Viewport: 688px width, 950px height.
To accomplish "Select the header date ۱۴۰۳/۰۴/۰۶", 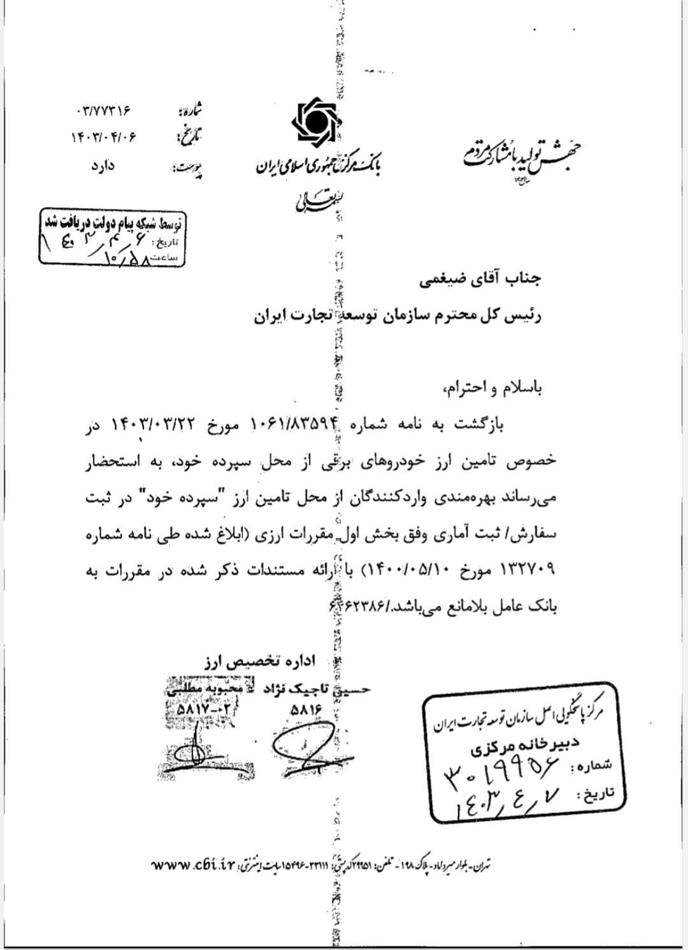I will [104, 136].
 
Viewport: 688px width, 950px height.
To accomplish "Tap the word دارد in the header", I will [102, 166].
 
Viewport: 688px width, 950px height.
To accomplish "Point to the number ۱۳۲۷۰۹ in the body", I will [524, 569].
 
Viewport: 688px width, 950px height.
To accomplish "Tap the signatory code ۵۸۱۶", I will [306, 708].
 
